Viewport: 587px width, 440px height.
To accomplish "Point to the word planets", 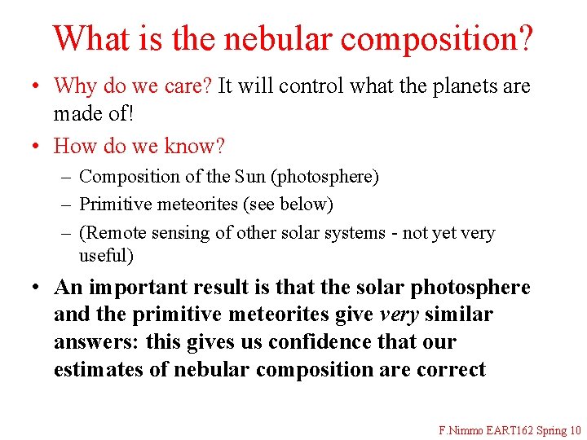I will [x=463, y=86].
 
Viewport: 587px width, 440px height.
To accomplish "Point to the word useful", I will [x=103, y=256].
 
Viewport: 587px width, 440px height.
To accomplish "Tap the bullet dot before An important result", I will [x=38, y=288].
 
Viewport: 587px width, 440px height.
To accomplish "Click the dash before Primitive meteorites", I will [x=66, y=205].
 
